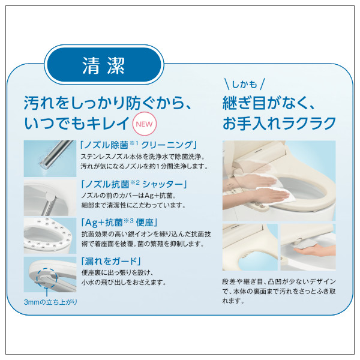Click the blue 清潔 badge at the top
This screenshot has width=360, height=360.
103,64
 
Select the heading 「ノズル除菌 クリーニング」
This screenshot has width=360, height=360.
139,146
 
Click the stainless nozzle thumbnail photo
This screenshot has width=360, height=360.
50,158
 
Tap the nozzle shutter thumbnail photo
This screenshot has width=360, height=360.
50,197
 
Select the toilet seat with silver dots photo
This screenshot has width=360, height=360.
50,235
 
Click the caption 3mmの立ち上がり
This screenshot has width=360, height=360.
50,301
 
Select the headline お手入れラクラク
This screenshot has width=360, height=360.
279,124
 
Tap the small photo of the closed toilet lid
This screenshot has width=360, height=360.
250,247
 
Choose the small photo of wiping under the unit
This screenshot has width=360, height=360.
308,247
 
